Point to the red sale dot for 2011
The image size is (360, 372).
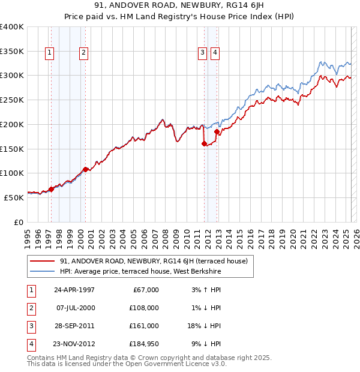[205, 143]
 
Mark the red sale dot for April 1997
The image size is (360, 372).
[51, 189]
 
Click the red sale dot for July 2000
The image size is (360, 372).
[85, 169]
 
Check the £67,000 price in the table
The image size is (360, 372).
[146, 290]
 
